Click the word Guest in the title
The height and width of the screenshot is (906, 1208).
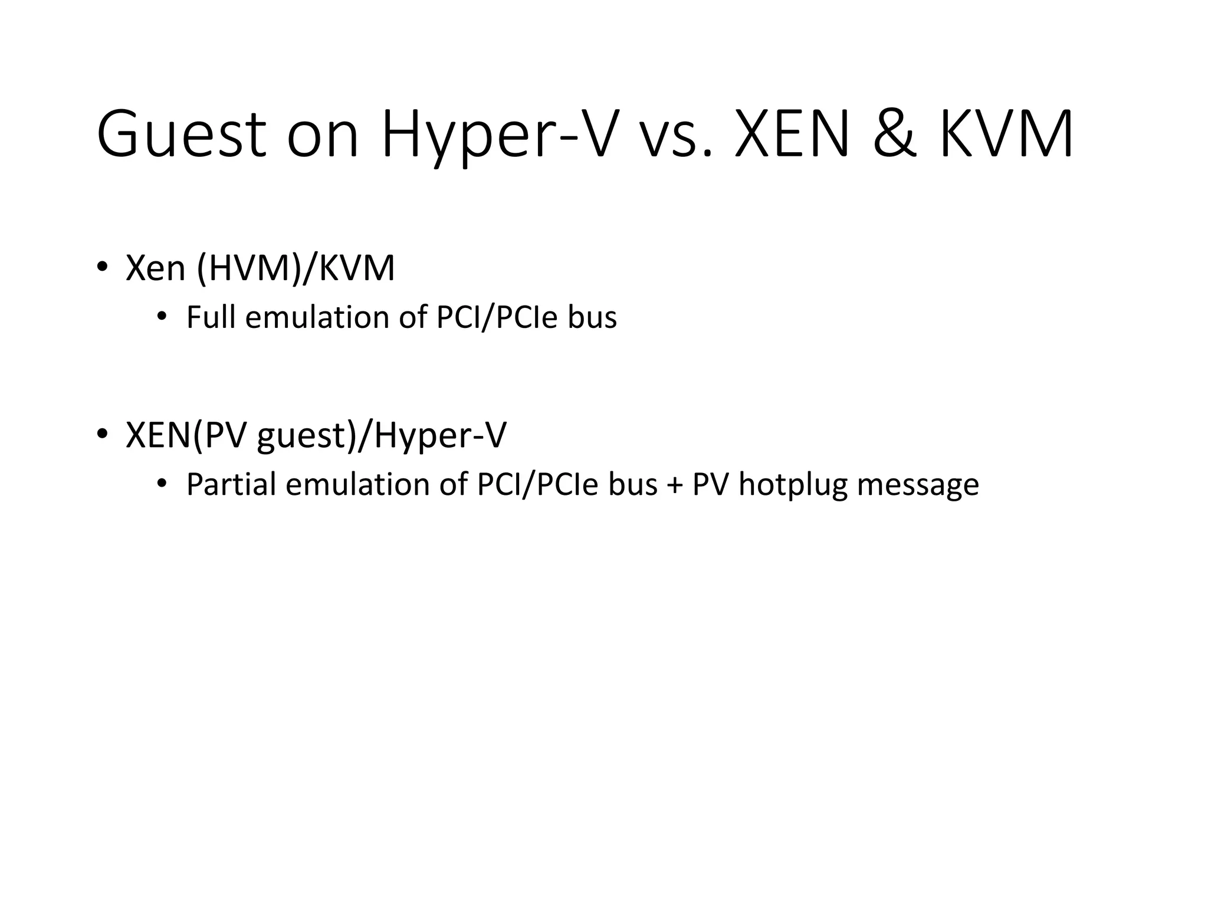click(x=182, y=134)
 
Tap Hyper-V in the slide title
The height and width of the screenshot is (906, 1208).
click(x=500, y=134)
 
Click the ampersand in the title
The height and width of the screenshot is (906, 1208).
click(x=895, y=134)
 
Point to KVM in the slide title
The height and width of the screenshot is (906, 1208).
click(x=1006, y=134)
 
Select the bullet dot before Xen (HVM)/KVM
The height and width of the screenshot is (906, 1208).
click(x=103, y=267)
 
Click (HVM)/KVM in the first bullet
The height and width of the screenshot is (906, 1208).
click(x=296, y=268)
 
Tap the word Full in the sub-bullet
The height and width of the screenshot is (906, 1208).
click(x=211, y=317)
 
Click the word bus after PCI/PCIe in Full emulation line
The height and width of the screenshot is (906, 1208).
click(x=592, y=317)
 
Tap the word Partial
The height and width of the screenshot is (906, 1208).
click(x=231, y=484)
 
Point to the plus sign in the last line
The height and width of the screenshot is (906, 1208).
click(x=675, y=485)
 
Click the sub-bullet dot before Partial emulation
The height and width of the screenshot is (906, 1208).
click(x=162, y=484)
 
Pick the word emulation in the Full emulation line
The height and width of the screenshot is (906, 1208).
click(x=317, y=317)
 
